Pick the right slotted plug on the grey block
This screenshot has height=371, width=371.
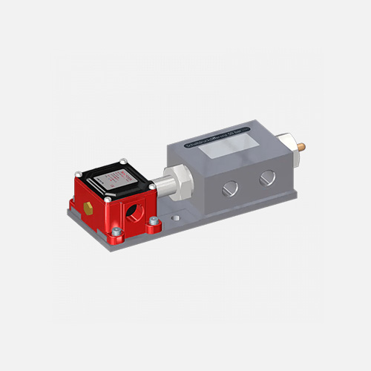[x=265, y=177]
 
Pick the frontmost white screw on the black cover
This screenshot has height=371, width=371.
[x=108, y=199]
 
